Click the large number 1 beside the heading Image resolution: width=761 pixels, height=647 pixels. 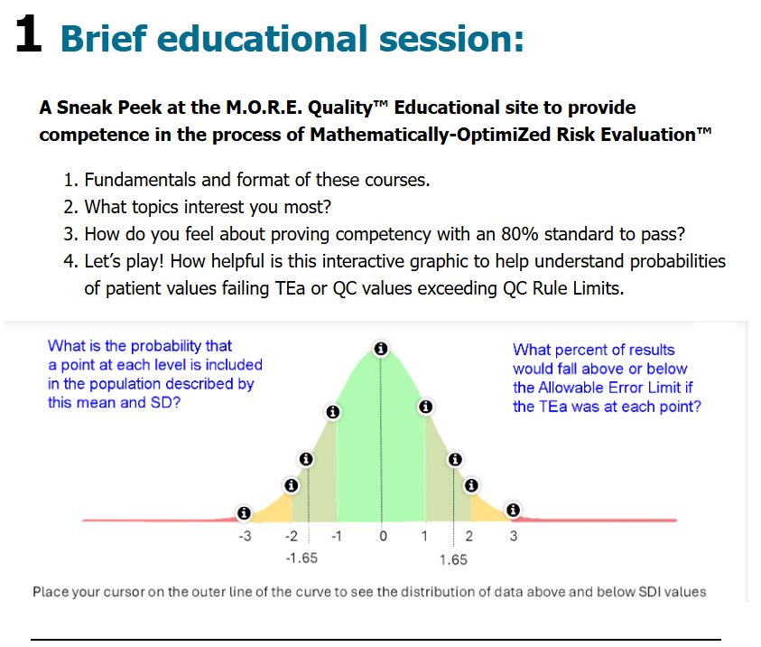28,33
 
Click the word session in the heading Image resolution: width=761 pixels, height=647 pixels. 451,38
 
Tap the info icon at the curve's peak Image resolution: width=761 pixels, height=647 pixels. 381,348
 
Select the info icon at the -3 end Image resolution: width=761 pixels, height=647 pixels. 244,513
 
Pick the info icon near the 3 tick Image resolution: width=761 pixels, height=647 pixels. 513,510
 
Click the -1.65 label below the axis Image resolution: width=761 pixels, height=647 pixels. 302,558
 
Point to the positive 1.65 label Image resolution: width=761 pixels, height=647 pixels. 453,559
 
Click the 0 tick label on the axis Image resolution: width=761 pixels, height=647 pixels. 383,536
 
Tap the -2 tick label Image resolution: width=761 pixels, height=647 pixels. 292,536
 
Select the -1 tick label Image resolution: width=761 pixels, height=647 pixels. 337,536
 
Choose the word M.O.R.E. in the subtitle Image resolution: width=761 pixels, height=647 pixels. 264,108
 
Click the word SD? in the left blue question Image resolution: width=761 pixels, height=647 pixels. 165,403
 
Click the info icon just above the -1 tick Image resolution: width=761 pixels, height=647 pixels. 332,412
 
